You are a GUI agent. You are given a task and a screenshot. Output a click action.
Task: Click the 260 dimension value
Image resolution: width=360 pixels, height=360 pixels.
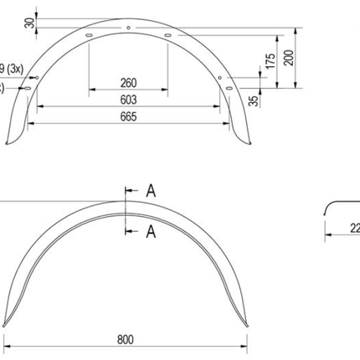click(127, 83)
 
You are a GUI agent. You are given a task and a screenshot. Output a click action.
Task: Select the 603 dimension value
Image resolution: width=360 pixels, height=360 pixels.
click(127, 100)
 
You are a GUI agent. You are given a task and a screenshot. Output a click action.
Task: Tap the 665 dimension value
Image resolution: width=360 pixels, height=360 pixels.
click(127, 115)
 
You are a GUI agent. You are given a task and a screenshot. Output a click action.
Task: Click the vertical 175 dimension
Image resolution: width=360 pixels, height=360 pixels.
click(270, 61)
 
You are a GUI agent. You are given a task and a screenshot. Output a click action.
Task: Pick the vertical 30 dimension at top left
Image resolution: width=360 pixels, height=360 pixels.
click(30, 22)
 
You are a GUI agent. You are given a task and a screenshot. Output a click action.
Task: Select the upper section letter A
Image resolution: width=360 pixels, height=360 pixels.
click(151, 191)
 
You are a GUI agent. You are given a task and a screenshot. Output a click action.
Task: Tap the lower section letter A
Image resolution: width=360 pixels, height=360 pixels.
click(151, 229)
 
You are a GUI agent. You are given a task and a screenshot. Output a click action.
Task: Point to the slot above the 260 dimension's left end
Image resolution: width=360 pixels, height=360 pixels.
click(87, 35)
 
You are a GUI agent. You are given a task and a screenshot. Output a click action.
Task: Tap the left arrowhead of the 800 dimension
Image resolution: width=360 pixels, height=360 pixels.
click(7, 347)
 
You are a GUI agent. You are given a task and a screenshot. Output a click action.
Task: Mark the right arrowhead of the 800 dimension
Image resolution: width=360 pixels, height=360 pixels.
click(248, 347)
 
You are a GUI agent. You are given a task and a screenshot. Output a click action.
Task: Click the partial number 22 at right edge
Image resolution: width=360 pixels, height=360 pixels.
click(353, 226)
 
